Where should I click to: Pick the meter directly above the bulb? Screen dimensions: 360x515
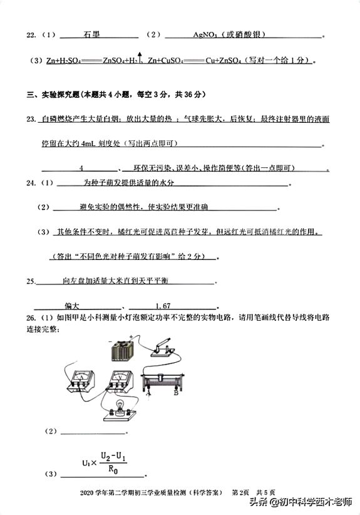coord(116,380)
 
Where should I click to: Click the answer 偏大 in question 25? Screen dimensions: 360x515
coord(73,306)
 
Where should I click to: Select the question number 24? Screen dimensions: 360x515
coord(30,183)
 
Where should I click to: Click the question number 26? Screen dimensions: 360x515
coord(30,319)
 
